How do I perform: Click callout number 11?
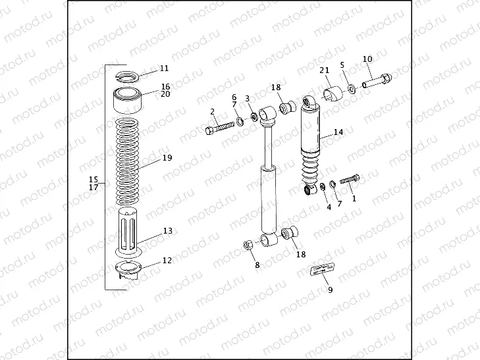click(164, 68)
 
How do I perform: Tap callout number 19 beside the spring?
click(167, 159)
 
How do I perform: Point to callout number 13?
click(167, 231)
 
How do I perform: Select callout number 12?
click(167, 261)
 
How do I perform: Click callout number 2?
click(213, 111)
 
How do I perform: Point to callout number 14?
click(338, 132)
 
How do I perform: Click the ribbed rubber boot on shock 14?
click(313, 170)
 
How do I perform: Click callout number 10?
click(367, 59)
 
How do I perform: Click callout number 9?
click(330, 290)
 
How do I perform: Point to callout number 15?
click(93, 180)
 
